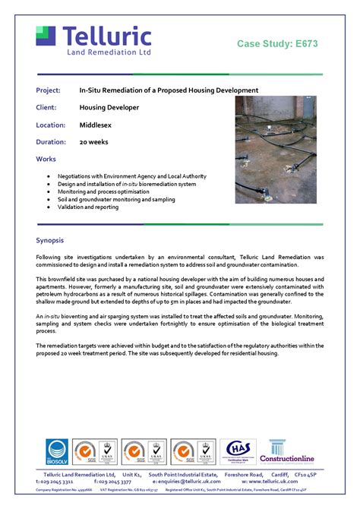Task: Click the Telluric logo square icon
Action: pyautogui.click(x=46, y=36)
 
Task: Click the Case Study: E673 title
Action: pyautogui.click(x=277, y=44)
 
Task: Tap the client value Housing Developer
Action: pyautogui.click(x=109, y=107)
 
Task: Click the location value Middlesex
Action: pyautogui.click(x=96, y=125)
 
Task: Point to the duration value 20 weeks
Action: pyautogui.click(x=94, y=142)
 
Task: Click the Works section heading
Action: pyautogui.click(x=46, y=159)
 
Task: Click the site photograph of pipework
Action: pyautogui.click(x=276, y=149)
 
